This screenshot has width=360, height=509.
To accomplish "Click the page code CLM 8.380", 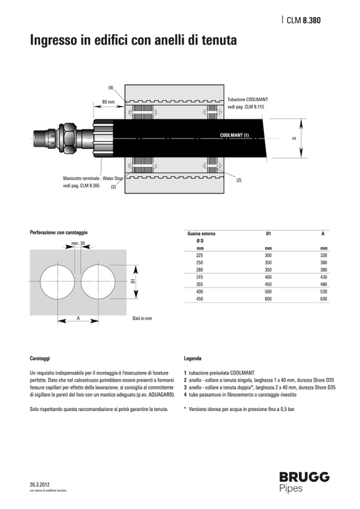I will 303,21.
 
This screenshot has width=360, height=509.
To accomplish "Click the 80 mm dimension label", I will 108,101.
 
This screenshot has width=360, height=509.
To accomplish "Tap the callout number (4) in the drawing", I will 111,87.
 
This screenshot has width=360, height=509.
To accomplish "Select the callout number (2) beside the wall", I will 238,180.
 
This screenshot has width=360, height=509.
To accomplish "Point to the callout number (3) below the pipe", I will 113,187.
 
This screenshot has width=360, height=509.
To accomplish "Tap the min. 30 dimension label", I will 78,244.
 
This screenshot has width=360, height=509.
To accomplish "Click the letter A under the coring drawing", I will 78,318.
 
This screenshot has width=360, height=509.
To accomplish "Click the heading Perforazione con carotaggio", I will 58,232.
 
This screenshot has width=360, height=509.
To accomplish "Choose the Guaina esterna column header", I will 201,234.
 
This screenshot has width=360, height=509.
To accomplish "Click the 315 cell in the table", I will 200,277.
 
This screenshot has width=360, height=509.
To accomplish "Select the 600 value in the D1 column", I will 268,299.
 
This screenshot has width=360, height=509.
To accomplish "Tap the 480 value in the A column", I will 323,284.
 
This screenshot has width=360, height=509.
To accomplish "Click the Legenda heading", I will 192,358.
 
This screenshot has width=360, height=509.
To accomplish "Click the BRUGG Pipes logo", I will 304,481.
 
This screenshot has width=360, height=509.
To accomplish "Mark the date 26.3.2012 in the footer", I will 40,485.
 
